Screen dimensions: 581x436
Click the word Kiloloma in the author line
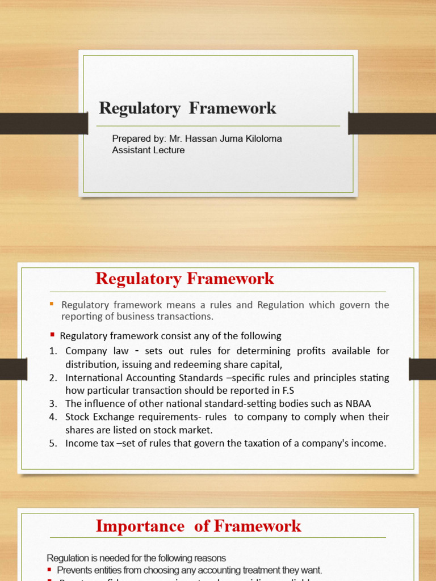click(x=262, y=139)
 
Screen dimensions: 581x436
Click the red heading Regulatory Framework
click(x=185, y=279)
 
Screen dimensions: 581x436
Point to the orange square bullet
click(x=51, y=304)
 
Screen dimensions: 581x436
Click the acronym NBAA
click(x=357, y=403)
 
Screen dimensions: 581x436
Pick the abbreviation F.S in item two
click(x=287, y=390)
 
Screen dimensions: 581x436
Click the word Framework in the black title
click(x=232, y=108)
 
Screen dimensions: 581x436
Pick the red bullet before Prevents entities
click(x=50, y=570)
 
